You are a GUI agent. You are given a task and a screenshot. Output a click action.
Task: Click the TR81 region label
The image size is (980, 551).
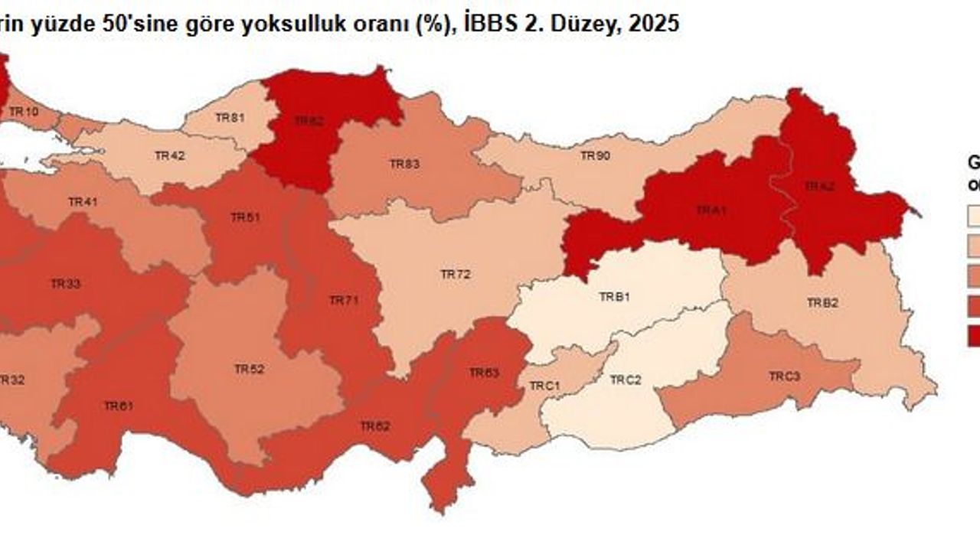(230, 117)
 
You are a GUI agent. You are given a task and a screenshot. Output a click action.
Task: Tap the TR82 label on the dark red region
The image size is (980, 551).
(309, 121)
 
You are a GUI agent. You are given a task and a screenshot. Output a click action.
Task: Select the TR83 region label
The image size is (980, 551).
(403, 164)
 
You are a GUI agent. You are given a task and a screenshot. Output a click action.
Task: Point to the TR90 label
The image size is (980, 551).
(595, 156)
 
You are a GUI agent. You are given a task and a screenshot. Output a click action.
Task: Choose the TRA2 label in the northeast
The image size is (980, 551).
(818, 186)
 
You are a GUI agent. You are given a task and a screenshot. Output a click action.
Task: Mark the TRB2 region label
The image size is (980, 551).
(822, 302)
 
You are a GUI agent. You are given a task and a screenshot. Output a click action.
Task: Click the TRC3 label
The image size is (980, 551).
(785, 377)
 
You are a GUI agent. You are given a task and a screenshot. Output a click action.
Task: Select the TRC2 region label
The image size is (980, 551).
(626, 380)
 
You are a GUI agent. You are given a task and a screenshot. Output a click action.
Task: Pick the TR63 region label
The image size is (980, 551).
(484, 373)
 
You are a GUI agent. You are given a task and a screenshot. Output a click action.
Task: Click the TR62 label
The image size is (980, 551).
(375, 425)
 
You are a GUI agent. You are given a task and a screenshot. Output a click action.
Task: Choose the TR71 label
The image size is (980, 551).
(344, 301)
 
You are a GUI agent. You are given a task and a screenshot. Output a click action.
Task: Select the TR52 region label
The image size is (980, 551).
(249, 369)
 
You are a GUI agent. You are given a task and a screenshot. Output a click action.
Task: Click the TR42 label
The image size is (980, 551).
(169, 155)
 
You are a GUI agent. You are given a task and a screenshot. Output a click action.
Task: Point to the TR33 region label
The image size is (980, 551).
(66, 284)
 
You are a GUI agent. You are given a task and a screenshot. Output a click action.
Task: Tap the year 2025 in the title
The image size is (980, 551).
(652, 24)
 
